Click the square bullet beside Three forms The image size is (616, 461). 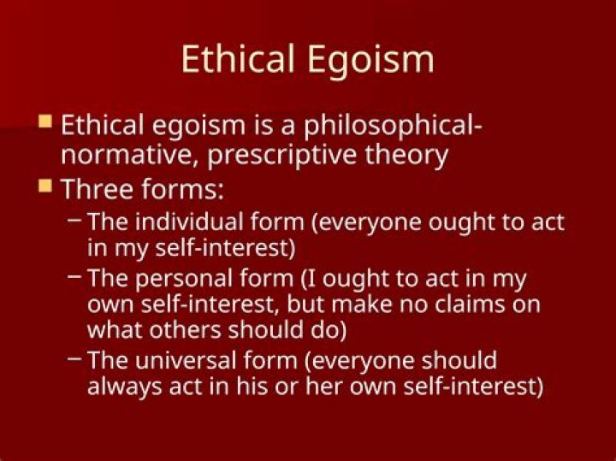coord(45,185)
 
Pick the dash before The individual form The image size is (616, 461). coord(75,221)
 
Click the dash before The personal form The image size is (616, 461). coord(75,276)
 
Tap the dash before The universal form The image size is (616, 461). coord(75,358)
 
